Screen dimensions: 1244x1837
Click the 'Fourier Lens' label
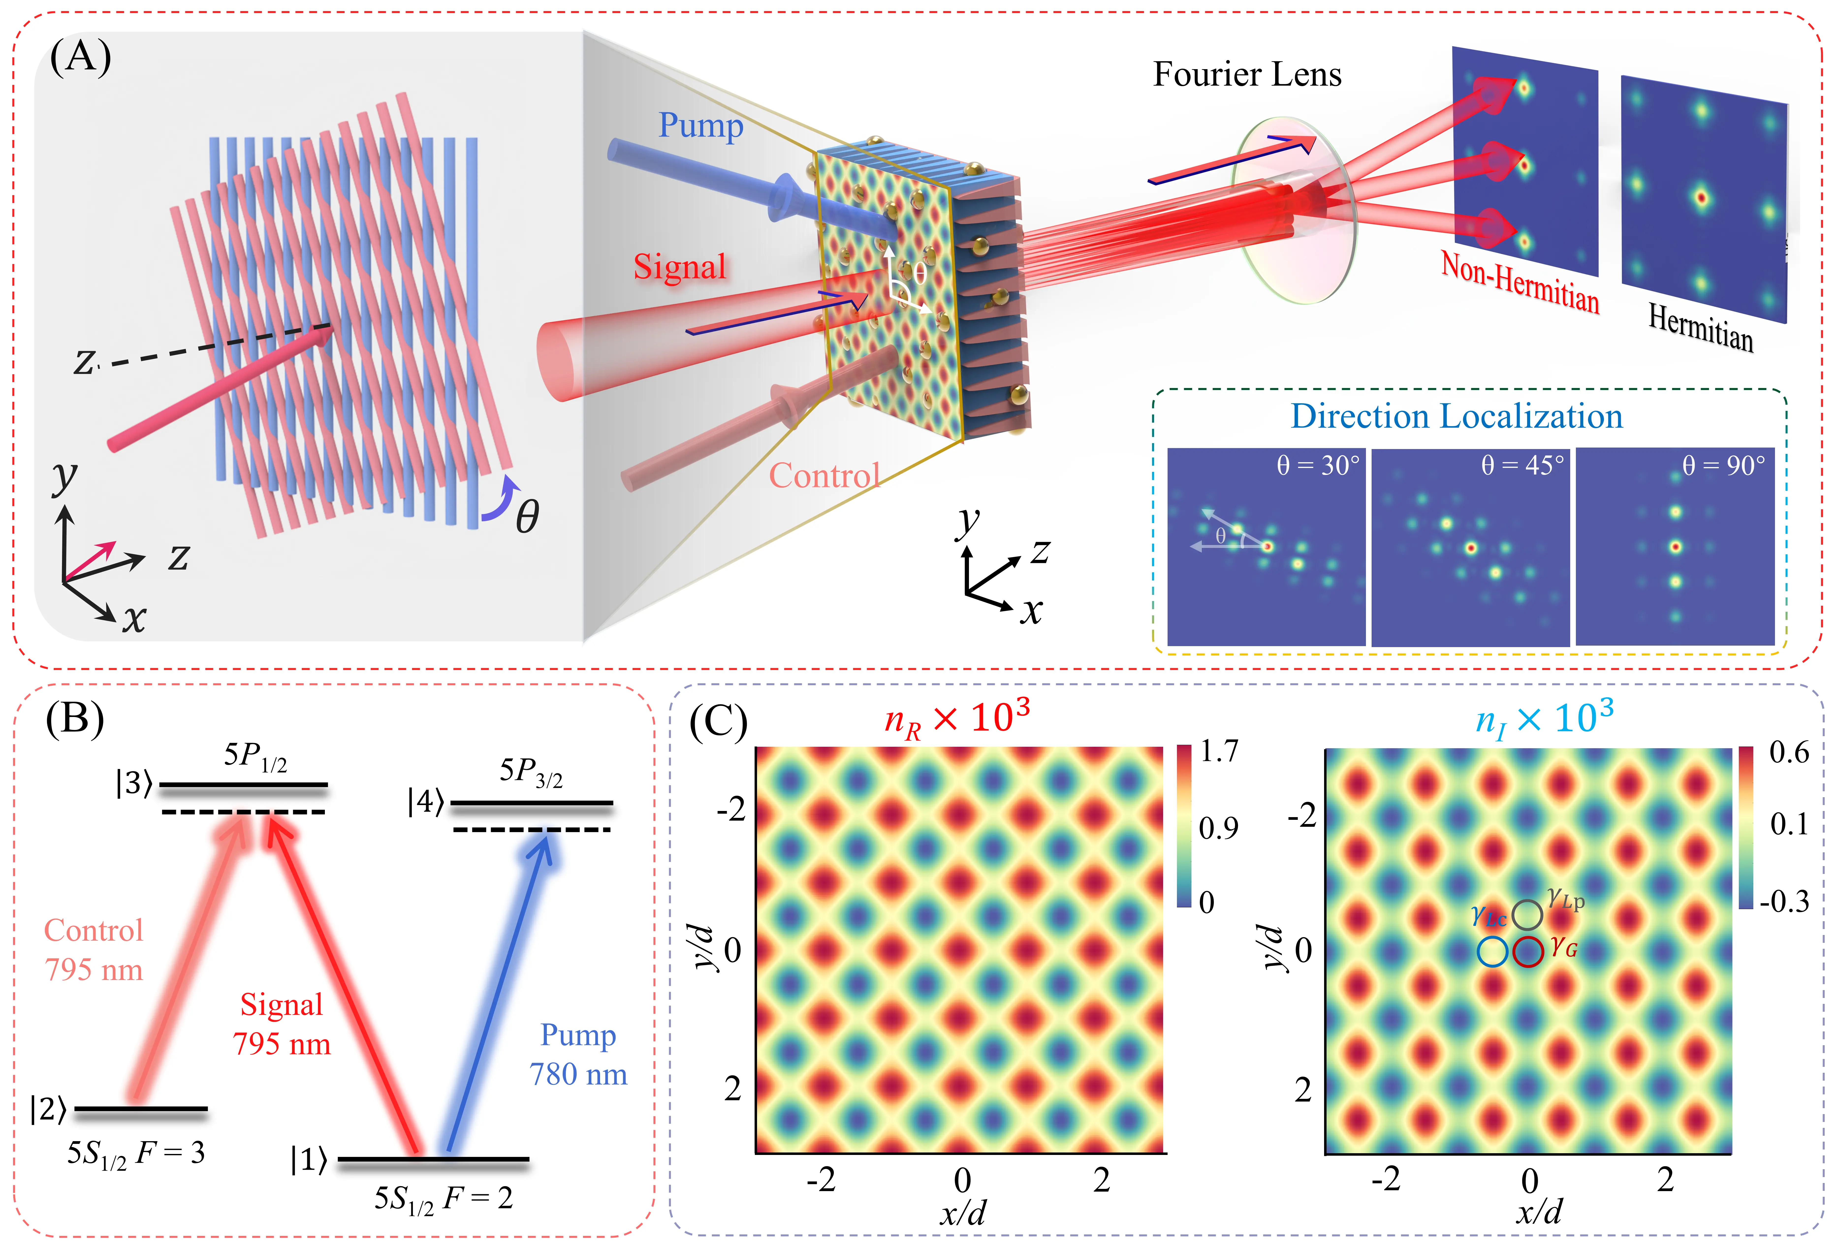pos(1247,74)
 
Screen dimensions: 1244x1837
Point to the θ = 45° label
pos(1522,466)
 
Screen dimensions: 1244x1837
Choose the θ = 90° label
pos(1723,466)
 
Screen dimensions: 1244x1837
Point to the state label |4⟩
pos(425,802)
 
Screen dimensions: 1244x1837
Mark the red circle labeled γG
pos(1528,951)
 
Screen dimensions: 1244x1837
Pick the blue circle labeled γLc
pos(1491,951)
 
